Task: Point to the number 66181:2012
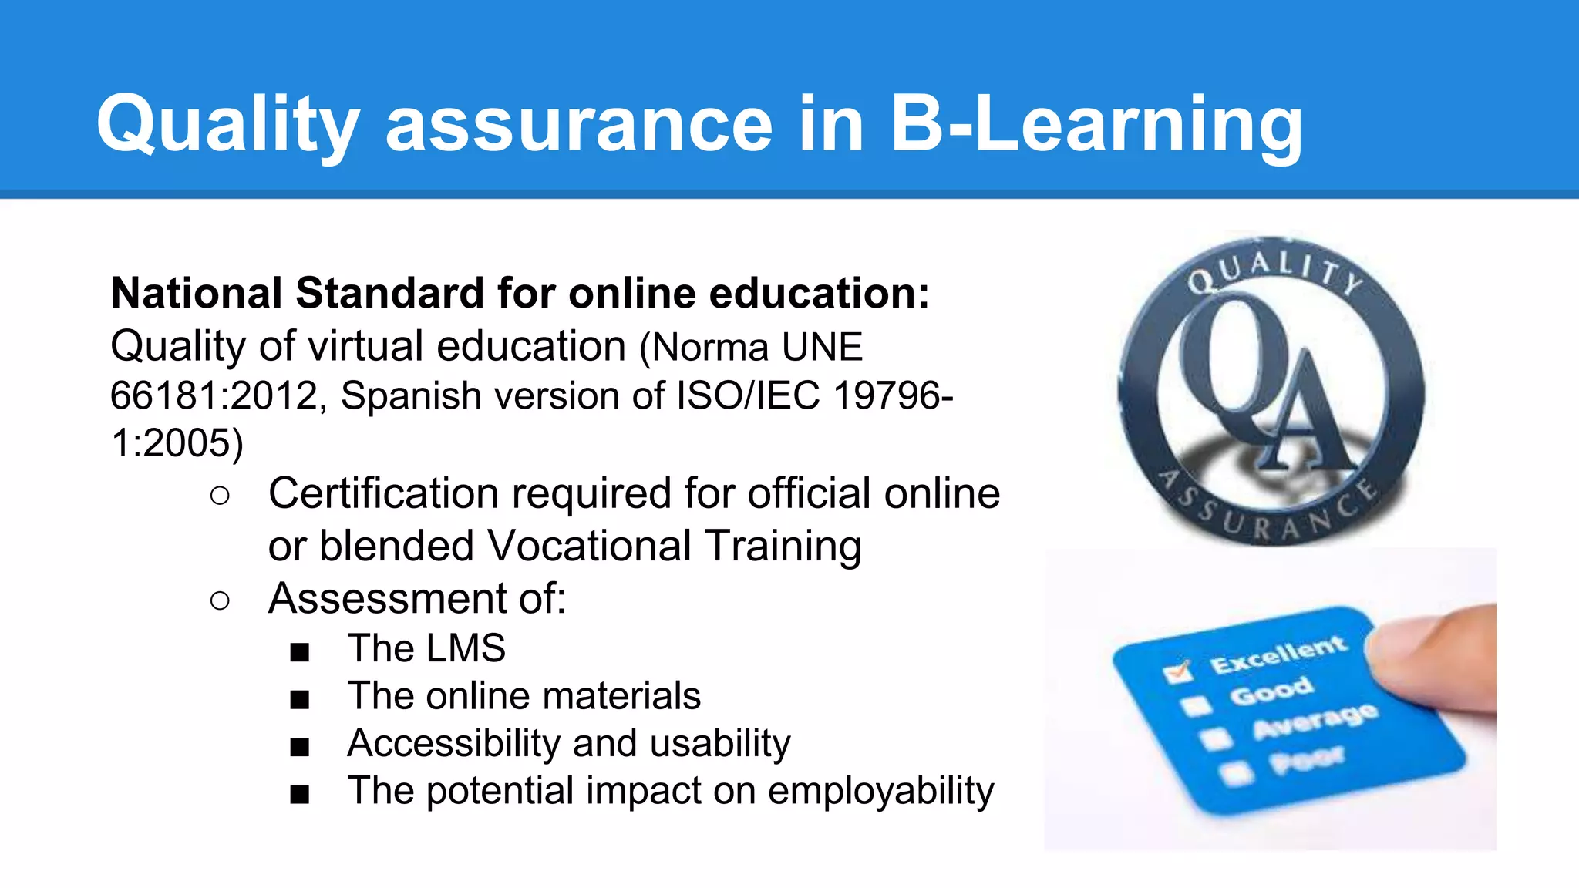point(214,395)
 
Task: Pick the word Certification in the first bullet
point(383,493)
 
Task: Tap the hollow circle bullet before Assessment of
point(220,600)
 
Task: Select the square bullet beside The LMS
point(300,652)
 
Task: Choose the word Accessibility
point(454,743)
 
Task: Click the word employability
point(880,791)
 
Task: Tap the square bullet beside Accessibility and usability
point(300,747)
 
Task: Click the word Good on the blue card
point(1271,691)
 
